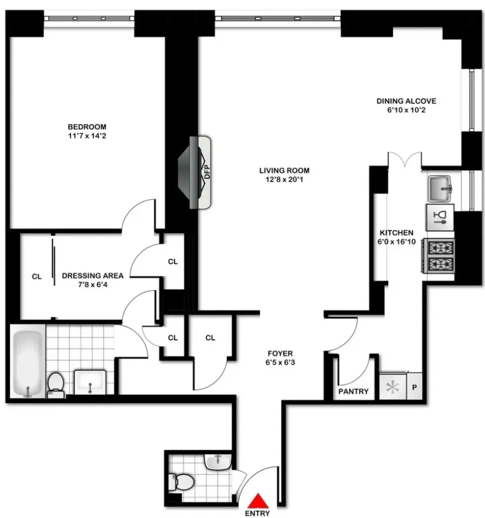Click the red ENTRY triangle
[x=260, y=501]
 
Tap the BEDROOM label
[x=87, y=127]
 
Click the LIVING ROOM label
[x=284, y=170]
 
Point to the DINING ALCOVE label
[x=406, y=101]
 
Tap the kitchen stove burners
[x=438, y=256]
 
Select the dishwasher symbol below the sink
[x=439, y=217]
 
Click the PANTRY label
[x=353, y=391]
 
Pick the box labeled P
[x=414, y=387]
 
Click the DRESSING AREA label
[x=92, y=276]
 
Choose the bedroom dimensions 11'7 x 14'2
[x=87, y=136]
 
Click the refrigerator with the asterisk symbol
[x=392, y=387]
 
